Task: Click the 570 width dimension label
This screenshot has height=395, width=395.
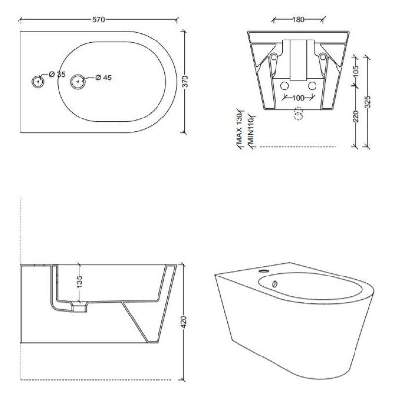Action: pyautogui.click(x=98, y=19)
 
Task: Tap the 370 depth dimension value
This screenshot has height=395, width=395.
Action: pyautogui.click(x=185, y=81)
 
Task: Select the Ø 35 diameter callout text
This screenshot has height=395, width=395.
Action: pyautogui.click(x=57, y=74)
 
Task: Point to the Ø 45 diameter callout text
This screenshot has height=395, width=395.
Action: pyautogui.click(x=103, y=78)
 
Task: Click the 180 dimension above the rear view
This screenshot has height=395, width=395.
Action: pyautogui.click(x=298, y=19)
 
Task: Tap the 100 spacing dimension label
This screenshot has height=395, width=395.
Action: pyautogui.click(x=298, y=98)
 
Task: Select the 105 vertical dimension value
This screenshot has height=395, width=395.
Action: pyautogui.click(x=355, y=71)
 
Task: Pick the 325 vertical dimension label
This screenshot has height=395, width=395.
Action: pyautogui.click(x=368, y=102)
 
